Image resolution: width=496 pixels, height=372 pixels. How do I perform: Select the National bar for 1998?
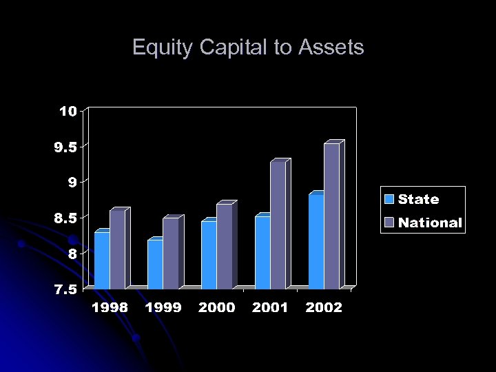click(117, 249)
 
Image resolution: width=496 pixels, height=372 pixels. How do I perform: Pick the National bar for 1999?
click(171, 253)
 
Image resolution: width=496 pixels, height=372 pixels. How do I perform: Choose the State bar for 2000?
click(209, 254)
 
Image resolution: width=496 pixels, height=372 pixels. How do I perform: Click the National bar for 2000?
click(225, 246)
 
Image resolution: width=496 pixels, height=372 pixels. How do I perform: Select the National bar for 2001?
click(278, 225)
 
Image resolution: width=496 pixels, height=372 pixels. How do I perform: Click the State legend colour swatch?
click(389, 200)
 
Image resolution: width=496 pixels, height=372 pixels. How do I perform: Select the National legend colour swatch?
click(389, 223)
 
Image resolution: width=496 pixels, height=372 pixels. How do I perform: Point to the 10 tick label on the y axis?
click(68, 111)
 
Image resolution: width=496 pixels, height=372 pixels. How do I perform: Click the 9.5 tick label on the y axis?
click(65, 147)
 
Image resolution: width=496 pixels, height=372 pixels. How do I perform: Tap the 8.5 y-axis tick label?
click(65, 218)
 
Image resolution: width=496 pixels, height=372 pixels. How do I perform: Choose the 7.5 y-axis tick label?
click(65, 289)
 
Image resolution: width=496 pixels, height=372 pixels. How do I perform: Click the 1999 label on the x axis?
click(163, 308)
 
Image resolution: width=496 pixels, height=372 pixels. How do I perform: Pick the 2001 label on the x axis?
click(270, 308)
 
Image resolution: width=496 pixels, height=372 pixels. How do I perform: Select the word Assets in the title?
click(331, 48)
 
